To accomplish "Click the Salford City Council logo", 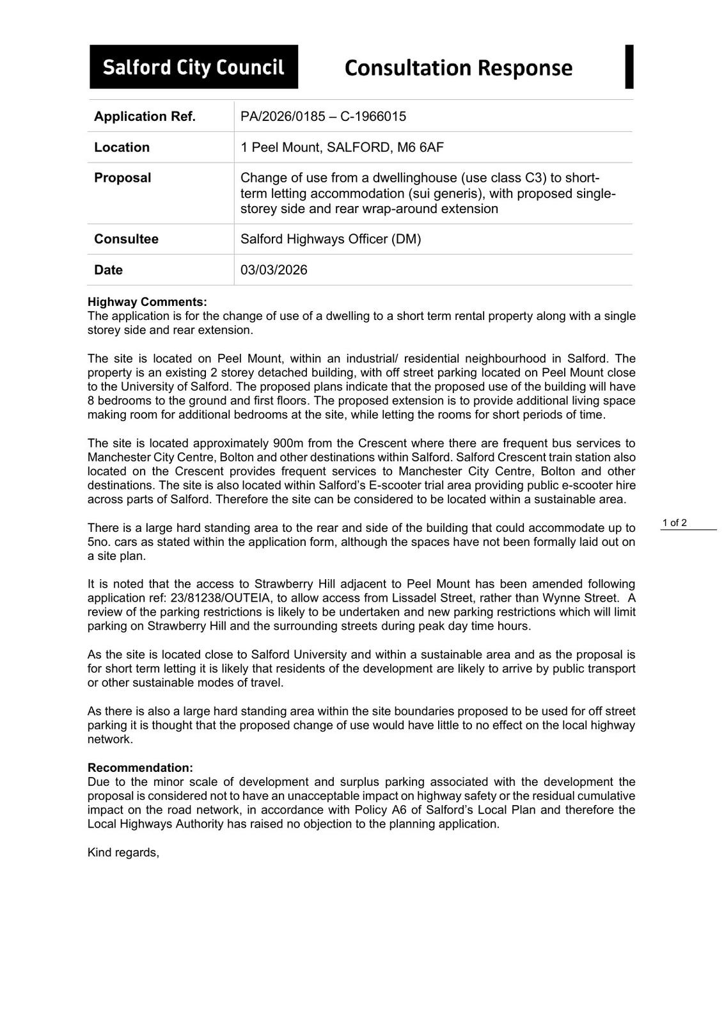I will [x=193, y=67].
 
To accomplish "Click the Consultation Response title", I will [x=458, y=68].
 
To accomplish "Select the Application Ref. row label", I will [x=145, y=116].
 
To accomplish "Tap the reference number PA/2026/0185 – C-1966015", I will [x=323, y=116].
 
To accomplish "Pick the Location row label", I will [x=122, y=147].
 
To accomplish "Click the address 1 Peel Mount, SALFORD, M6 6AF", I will [x=342, y=147].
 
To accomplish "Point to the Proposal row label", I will [x=122, y=178].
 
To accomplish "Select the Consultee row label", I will [x=126, y=239].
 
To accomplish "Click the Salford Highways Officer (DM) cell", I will [x=331, y=239].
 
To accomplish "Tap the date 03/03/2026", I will [x=274, y=270].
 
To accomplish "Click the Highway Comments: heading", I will [x=147, y=302].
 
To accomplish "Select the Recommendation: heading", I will [x=140, y=768].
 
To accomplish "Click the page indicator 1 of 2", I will [x=675, y=523].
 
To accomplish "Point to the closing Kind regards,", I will [x=123, y=852].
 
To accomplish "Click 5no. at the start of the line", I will [x=99, y=542].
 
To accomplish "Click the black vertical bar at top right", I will [x=629, y=67].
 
